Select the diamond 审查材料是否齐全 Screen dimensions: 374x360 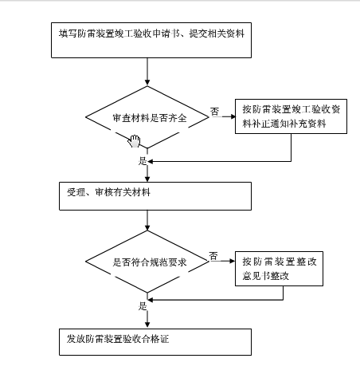point(149,118)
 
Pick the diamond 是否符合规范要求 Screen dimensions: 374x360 point(149,262)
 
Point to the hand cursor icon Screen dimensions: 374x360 point(135,141)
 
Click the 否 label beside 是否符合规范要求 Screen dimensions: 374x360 point(213,255)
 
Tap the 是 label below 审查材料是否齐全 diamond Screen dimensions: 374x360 point(143,160)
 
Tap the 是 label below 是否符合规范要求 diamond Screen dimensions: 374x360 point(143,305)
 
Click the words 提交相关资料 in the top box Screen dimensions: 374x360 point(216,34)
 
